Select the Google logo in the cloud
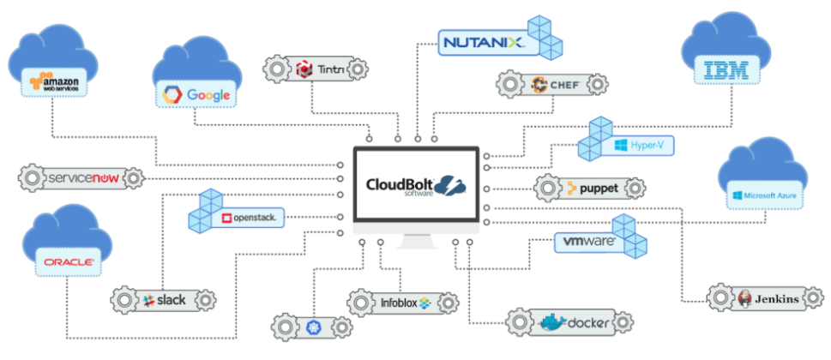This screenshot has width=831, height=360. [195, 94]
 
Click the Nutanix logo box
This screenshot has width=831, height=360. [480, 41]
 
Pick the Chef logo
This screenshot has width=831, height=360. [555, 85]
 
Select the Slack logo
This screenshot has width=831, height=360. [163, 300]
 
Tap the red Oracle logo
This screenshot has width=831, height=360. [68, 262]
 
